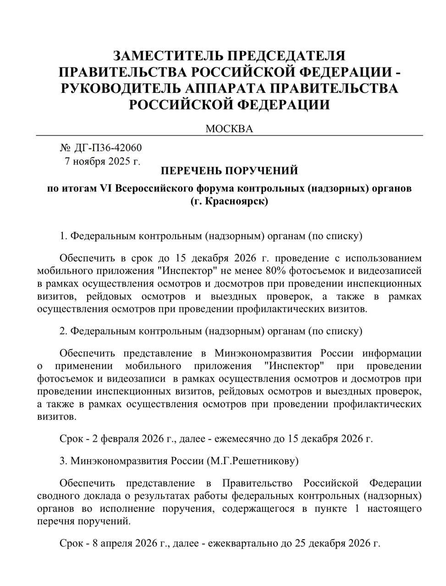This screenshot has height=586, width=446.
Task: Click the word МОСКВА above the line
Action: tap(229, 129)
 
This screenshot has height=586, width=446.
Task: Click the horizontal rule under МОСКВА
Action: tap(229, 136)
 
